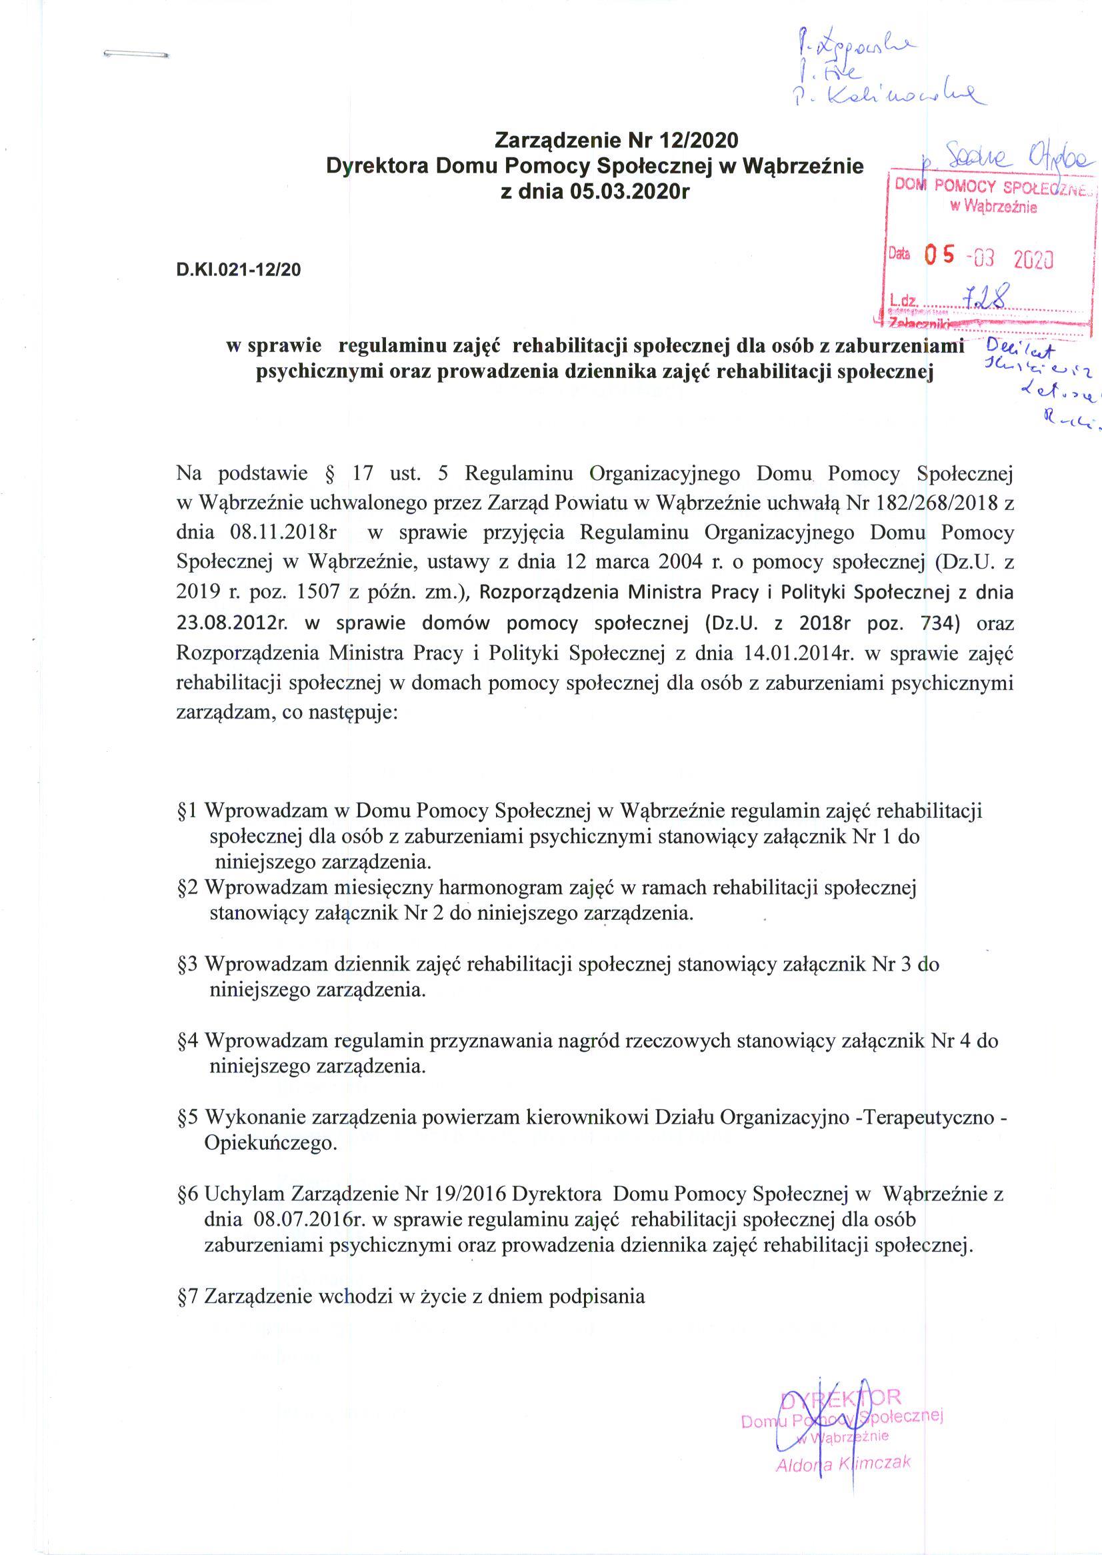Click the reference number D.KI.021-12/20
[237, 270]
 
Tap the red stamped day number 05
[941, 255]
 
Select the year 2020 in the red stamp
[1033, 258]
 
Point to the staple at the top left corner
[137, 53]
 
